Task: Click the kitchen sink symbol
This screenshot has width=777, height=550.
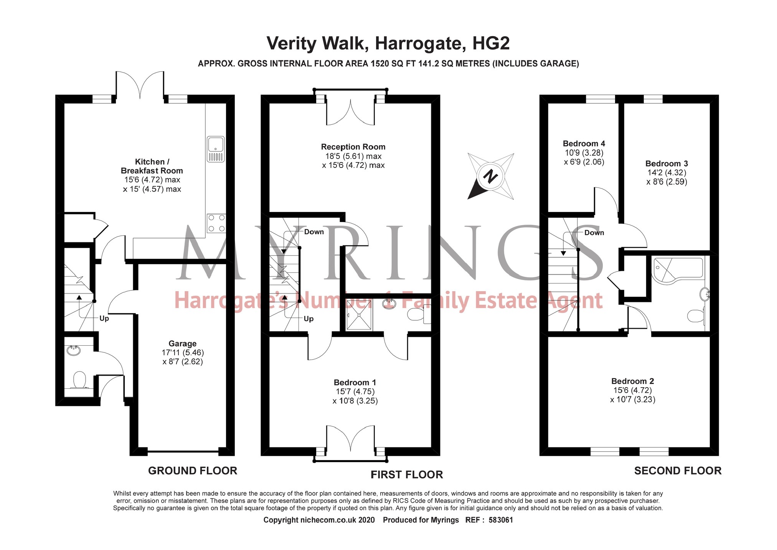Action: tap(216, 149)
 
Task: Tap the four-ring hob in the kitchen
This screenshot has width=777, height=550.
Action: tap(216, 223)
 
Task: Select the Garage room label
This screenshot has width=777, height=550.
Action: tap(182, 343)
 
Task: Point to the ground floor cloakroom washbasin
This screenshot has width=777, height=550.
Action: tap(73, 350)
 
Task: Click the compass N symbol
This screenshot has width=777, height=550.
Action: tap(490, 177)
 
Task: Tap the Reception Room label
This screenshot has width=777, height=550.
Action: tap(353, 147)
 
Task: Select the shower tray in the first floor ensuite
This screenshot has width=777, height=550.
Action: tap(359, 315)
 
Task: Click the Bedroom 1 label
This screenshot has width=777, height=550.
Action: tap(355, 382)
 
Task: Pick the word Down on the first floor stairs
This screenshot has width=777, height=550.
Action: tap(314, 232)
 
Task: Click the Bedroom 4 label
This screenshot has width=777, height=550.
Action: tap(584, 143)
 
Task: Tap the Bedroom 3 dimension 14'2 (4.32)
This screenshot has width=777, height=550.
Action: tap(666, 173)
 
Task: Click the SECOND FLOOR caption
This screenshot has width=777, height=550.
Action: tap(677, 470)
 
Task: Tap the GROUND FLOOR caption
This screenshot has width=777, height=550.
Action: tap(193, 470)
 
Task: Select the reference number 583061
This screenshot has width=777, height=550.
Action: tap(501, 520)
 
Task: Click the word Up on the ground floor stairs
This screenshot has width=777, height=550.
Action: tap(104, 318)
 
